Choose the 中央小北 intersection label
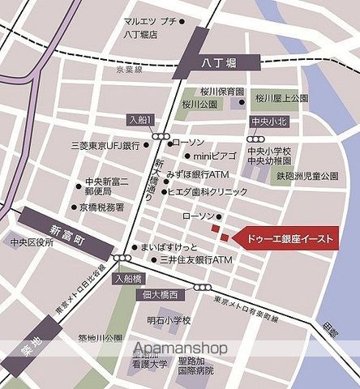click(263, 122)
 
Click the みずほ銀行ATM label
click(201, 174)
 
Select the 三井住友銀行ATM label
click(195, 259)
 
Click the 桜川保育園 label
click(220, 92)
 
